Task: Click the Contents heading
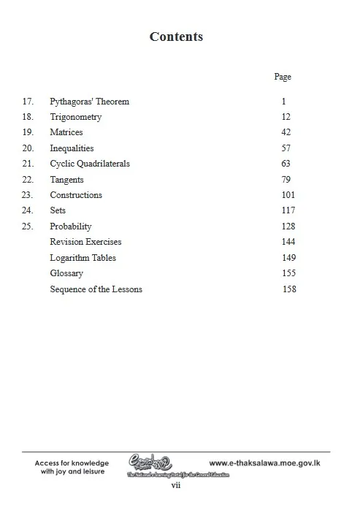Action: click(x=176, y=37)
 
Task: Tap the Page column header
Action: click(x=283, y=77)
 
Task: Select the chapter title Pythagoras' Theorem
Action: click(x=89, y=102)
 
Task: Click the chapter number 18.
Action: click(x=28, y=117)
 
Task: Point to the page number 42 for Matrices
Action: click(x=286, y=132)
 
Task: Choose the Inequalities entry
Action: click(x=72, y=148)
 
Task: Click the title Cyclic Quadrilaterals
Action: click(x=90, y=164)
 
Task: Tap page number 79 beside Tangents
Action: click(x=286, y=180)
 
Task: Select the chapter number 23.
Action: click(x=28, y=195)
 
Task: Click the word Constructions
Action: click(x=76, y=195)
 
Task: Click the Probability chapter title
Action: click(x=71, y=226)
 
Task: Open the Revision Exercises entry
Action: click(x=85, y=242)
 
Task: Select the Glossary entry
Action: click(x=66, y=273)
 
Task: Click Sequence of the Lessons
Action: click(x=96, y=289)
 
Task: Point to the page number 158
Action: click(x=289, y=289)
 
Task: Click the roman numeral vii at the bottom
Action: click(x=176, y=484)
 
